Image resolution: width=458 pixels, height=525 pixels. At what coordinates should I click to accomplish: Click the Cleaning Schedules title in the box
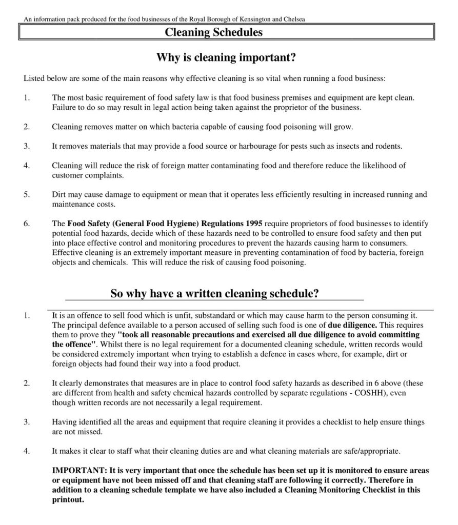coord(214,32)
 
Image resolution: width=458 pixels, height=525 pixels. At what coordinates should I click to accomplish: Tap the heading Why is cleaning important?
coord(226,58)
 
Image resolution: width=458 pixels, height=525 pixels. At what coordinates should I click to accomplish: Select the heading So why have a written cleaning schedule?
coord(215,293)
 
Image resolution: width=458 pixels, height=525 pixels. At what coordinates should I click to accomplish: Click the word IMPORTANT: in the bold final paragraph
coord(77,470)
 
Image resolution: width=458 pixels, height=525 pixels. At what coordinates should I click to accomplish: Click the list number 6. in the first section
coord(27,224)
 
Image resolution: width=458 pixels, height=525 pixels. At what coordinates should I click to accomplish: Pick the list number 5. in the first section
coord(27,195)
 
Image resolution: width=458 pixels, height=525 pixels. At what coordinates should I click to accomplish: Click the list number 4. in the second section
coord(27,451)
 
